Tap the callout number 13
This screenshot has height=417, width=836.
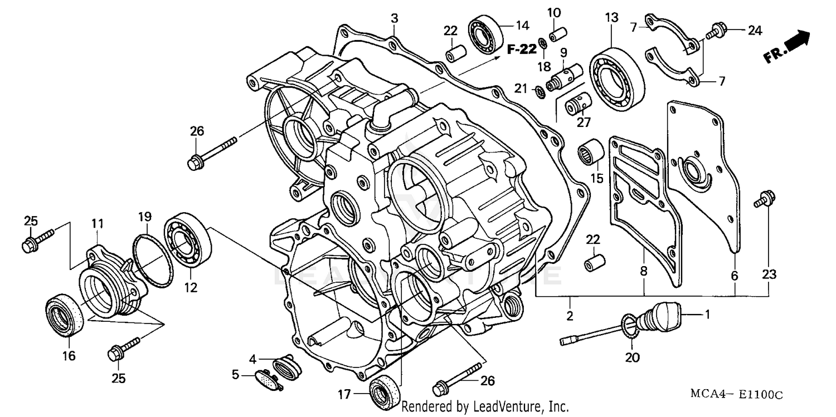coord(611,17)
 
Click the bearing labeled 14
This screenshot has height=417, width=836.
coord(485,36)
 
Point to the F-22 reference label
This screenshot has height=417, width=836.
coord(521,50)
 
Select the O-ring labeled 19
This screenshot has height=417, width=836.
coord(152,261)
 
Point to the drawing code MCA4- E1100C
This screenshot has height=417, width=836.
coord(736,394)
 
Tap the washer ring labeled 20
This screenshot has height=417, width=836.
coord(629,326)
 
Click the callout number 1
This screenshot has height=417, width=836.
coord(707,315)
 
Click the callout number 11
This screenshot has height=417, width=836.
coord(98,224)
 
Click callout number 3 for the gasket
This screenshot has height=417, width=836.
coord(394,18)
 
